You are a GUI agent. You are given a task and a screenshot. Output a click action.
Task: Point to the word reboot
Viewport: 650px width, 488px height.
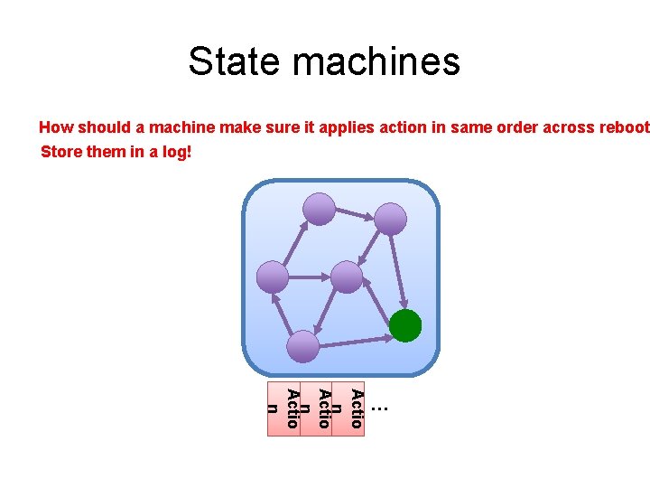pyautogui.click(x=622, y=127)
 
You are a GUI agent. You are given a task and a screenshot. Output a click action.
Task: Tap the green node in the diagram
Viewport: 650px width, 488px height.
pyautogui.click(x=406, y=325)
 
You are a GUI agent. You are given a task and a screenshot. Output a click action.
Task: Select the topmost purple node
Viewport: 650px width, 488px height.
pyautogui.click(x=319, y=209)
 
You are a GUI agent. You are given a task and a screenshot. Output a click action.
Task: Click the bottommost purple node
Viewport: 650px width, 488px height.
pyautogui.click(x=303, y=346)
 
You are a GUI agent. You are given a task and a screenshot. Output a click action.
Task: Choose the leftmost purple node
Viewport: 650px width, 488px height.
pyautogui.click(x=273, y=277)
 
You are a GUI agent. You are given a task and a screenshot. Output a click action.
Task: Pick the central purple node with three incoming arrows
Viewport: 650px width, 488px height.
pyautogui.click(x=347, y=277)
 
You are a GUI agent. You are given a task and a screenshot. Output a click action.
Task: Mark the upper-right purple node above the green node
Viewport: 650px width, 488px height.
pyautogui.click(x=391, y=219)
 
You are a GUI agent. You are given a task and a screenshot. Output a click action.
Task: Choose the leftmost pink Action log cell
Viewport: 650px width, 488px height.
pyautogui.click(x=283, y=408)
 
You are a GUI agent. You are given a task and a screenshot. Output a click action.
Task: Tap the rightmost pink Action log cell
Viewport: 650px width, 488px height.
pyautogui.click(x=348, y=408)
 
